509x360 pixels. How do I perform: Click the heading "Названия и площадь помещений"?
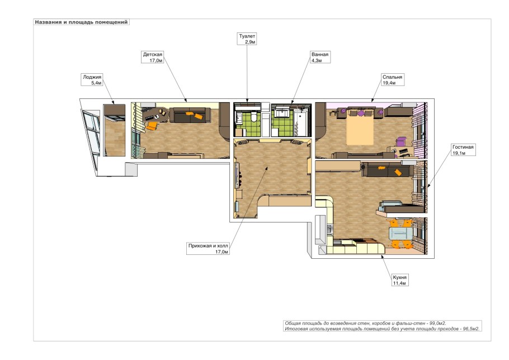coord(82,22)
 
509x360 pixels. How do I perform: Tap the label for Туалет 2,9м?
coord(247,39)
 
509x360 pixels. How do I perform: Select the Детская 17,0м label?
coord(153,57)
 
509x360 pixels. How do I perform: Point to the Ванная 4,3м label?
coord(320,57)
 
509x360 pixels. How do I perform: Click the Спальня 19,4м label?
coord(393,80)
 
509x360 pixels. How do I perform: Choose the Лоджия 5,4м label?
coord(92,80)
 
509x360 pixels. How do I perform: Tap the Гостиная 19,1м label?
coord(463,150)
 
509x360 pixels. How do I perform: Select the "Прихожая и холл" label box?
coord(208,248)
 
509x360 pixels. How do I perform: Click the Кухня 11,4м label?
coord(399,280)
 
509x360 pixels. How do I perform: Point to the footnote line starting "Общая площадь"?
coord(365,323)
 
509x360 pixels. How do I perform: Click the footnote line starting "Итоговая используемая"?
coord(382,329)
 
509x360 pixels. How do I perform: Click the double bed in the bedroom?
coord(360,127)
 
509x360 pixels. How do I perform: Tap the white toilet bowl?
coord(253,119)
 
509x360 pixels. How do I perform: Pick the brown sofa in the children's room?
coord(190,115)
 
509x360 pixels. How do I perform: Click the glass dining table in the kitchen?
coord(401,234)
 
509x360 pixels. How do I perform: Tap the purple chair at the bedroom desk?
coord(401,142)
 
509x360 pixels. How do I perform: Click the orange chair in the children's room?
coord(151,126)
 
